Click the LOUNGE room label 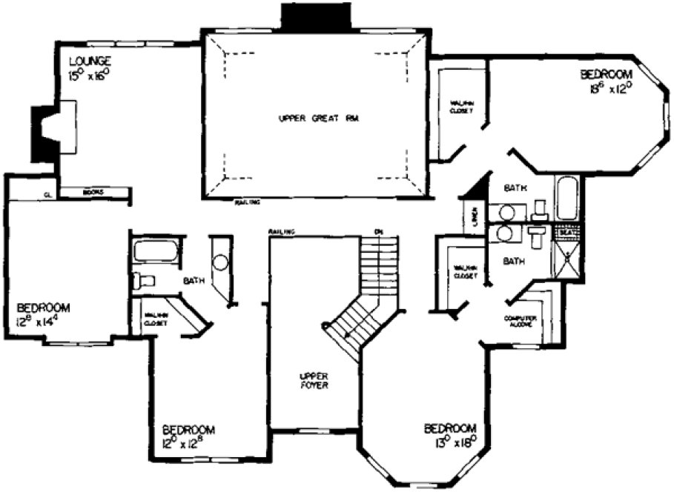(x=90, y=60)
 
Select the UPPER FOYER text (x=309, y=381)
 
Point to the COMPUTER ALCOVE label (x=521, y=321)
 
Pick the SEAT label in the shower (x=567, y=231)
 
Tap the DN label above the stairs (x=378, y=233)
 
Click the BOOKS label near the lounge (x=92, y=193)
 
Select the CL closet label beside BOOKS (x=47, y=195)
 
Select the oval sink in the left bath (x=220, y=262)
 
